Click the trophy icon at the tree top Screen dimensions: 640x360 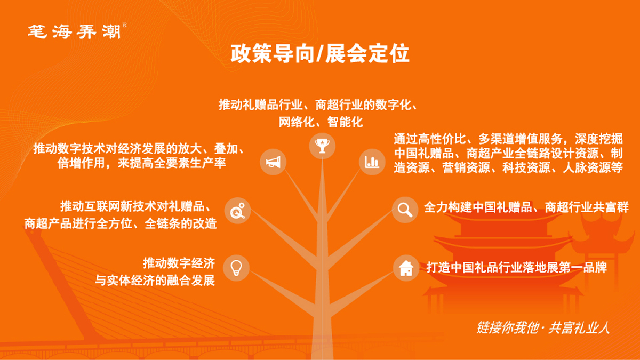[322, 146]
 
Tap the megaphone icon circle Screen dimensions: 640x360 [273, 162]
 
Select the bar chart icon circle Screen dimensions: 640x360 [372, 162]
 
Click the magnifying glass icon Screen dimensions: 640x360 [405, 210]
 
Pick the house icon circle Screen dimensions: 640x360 [406, 268]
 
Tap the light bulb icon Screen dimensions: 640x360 [236, 268]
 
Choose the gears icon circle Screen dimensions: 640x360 [237, 211]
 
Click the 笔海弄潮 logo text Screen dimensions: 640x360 [74, 31]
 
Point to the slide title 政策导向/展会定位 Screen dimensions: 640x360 [320, 53]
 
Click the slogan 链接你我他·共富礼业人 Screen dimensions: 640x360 [543, 327]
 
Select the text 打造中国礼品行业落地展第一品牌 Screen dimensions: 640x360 [516, 268]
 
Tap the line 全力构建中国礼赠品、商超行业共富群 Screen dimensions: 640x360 [526, 207]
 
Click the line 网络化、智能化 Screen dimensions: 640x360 [321, 122]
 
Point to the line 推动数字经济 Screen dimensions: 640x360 [179, 263]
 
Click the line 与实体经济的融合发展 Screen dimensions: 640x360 [155, 281]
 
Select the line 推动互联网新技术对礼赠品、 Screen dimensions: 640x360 [136, 206]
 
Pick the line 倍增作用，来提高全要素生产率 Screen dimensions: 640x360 [142, 163]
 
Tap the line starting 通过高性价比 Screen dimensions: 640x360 [508, 139]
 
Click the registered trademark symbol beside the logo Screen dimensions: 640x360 [125, 25]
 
